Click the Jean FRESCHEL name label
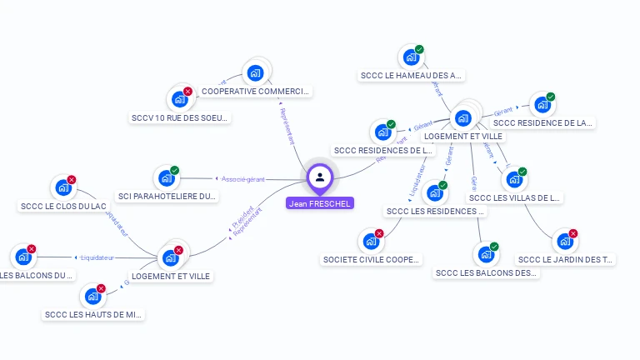click(x=319, y=202)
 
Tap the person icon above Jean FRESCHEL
click(x=319, y=177)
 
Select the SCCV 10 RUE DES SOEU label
click(x=179, y=117)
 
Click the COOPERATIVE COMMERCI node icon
click(x=256, y=72)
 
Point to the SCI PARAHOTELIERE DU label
click(x=167, y=197)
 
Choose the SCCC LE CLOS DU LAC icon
click(x=62, y=187)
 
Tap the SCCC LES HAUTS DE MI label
click(x=93, y=314)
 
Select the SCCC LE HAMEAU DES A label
click(x=411, y=75)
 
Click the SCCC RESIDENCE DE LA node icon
click(x=542, y=105)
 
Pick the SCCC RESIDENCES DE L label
click(x=383, y=150)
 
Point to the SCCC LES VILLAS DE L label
click(x=514, y=197)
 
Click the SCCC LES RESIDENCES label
click(x=434, y=211)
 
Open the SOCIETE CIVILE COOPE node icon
click(x=371, y=242)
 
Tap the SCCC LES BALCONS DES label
click(x=486, y=272)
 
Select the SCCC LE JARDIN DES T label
click(x=565, y=259)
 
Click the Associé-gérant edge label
click(x=243, y=178)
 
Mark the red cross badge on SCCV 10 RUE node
click(x=187, y=92)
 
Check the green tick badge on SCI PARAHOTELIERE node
click(x=174, y=171)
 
